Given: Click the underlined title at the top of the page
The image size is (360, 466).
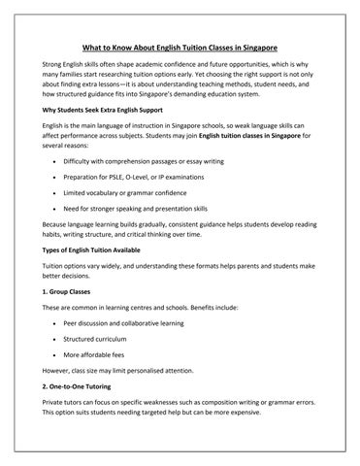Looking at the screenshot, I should [x=180, y=49].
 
